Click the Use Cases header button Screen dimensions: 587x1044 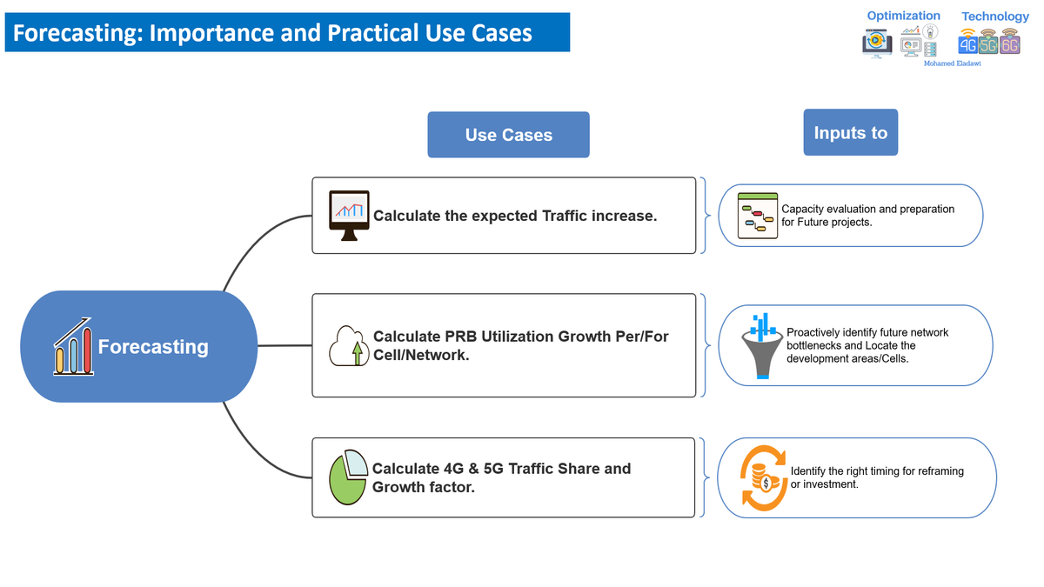click(x=508, y=135)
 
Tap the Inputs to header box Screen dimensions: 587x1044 click(x=850, y=132)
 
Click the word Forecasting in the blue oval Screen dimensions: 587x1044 click(x=153, y=347)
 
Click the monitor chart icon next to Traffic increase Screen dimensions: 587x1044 click(x=349, y=215)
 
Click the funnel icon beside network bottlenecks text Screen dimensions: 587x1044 click(x=763, y=346)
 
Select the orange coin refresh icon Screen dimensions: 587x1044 click(x=763, y=477)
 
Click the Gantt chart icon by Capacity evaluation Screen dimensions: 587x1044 click(x=756, y=216)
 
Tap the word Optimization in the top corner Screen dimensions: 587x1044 click(x=903, y=16)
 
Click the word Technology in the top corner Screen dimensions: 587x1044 click(x=994, y=17)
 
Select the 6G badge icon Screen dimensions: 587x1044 click(x=1009, y=45)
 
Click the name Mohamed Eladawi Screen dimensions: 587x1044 click(x=951, y=64)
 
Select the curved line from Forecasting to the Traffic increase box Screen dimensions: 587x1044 click(x=252, y=235)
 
